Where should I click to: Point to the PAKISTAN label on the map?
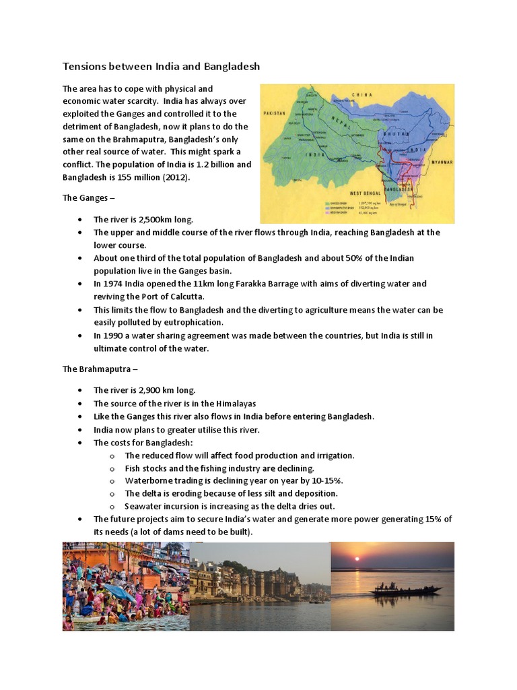tap(275, 113)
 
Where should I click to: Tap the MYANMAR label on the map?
tap(442, 162)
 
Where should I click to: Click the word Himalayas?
tap(233, 403)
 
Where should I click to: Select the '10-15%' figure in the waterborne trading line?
tap(329, 480)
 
